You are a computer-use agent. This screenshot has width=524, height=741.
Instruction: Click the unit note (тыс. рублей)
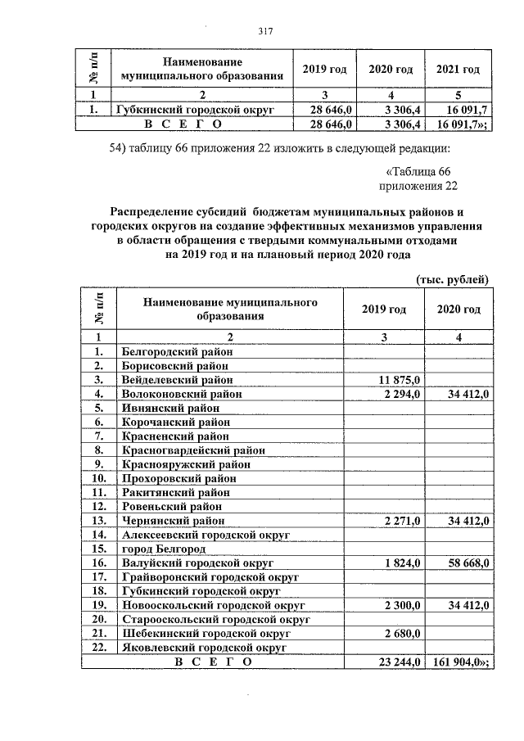453,278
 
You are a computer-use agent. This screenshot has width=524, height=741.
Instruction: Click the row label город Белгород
164,549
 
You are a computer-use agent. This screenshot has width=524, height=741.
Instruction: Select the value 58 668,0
463,563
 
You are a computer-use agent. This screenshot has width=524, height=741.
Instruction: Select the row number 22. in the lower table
99,647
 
